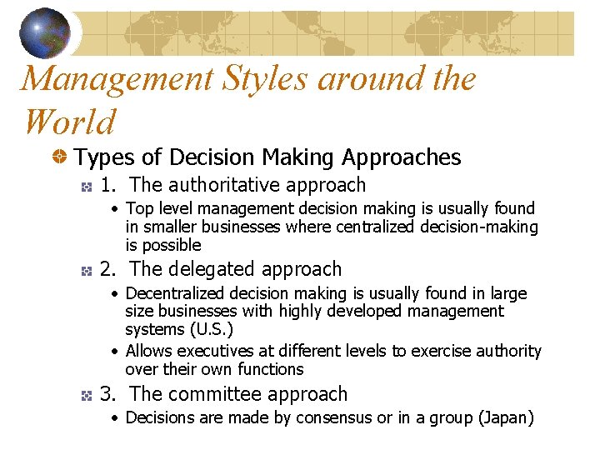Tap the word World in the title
69,122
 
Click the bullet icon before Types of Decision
59,157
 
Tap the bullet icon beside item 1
86,187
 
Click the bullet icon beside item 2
86,271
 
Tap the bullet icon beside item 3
86,396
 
